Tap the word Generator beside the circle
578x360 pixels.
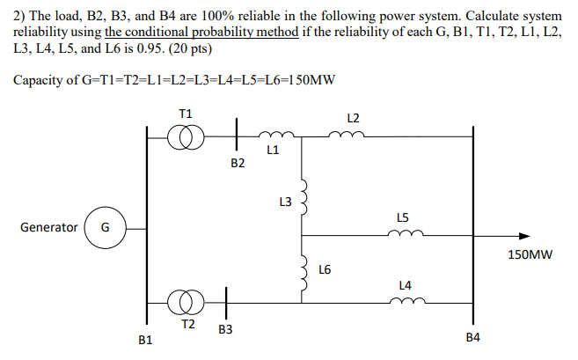pos(48,227)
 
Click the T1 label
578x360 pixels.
pos(186,114)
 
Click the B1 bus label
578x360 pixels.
pos(146,339)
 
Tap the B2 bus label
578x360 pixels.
pos(237,163)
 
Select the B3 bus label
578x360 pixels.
pos(225,329)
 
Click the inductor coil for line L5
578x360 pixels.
pos(406,234)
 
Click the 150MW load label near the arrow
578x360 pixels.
pos(530,255)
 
